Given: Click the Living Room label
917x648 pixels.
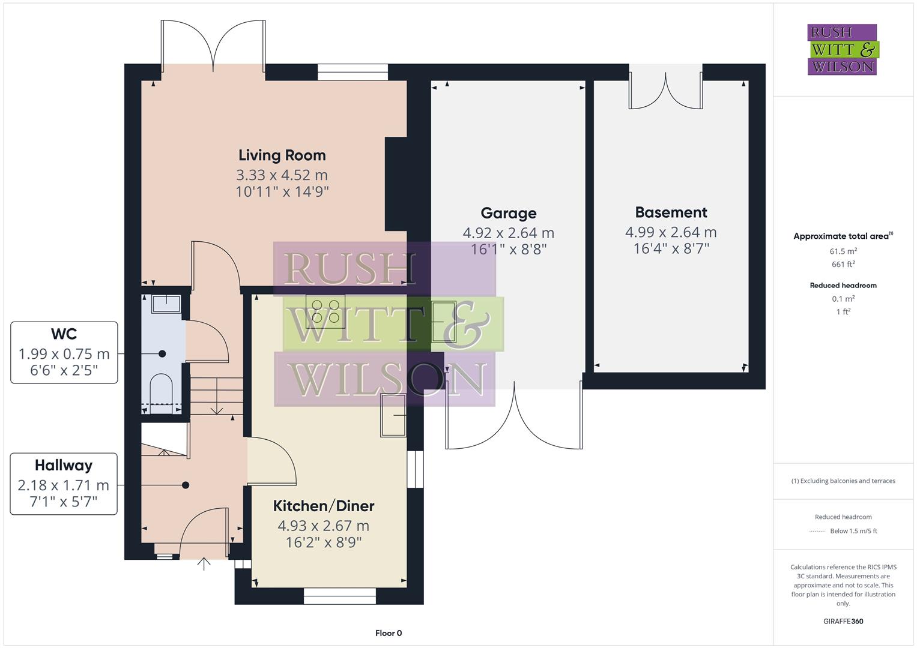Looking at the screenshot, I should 282,155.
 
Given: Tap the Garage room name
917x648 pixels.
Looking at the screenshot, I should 508,213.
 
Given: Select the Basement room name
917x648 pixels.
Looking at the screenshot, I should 671,212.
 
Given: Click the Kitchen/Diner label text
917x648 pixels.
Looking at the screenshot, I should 324,506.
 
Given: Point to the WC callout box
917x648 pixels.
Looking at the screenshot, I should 64,352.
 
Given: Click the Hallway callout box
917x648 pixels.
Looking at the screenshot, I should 64,484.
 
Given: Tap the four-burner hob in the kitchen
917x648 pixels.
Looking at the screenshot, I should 325,310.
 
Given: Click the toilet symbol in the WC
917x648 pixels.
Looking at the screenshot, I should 161,390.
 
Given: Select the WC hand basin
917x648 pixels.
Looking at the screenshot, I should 166,304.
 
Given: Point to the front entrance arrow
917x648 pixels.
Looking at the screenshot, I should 204,563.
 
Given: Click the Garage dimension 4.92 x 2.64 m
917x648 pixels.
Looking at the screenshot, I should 508,233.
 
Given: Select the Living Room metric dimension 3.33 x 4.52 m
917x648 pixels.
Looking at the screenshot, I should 282,175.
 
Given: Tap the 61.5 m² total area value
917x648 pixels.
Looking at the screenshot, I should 843,251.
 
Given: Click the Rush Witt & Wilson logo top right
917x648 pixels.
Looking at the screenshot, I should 843,50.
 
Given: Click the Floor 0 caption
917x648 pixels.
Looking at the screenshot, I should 389,633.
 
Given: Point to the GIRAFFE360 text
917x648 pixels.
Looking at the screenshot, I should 843,621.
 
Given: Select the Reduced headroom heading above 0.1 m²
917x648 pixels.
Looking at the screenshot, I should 843,286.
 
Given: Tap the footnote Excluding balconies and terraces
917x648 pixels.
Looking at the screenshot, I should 843,481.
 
